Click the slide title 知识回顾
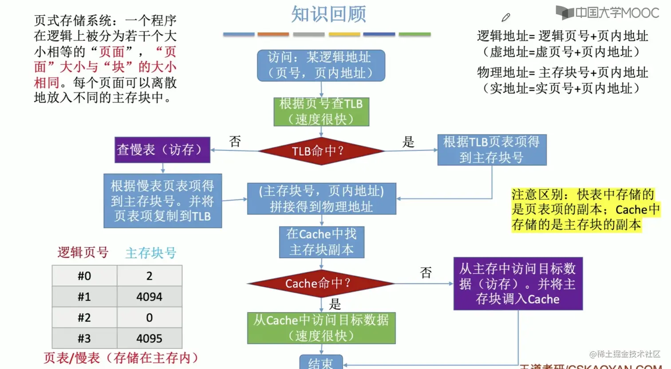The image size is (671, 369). click(328, 14)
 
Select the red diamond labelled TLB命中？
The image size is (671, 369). click(321, 151)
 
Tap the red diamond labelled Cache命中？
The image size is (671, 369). click(321, 283)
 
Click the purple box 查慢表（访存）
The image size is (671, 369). click(162, 150)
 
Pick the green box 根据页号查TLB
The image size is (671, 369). click(321, 112)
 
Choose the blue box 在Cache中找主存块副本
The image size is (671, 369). click(321, 242)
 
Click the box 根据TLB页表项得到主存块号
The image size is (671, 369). click(492, 150)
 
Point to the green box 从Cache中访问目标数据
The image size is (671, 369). click(321, 328)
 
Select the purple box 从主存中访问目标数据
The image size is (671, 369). click(517, 284)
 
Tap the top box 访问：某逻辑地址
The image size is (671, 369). click(321, 65)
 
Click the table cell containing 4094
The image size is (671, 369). click(150, 297)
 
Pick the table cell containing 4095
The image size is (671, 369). click(150, 338)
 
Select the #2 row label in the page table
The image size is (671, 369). click(84, 317)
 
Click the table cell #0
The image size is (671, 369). click(84, 276)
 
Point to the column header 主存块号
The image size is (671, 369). click(151, 253)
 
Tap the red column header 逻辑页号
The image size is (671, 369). click(83, 253)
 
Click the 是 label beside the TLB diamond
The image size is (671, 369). click(408, 142)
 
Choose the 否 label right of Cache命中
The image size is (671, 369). click(426, 272)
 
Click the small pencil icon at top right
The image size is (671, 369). click(505, 17)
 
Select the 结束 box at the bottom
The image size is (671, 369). click(321, 363)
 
